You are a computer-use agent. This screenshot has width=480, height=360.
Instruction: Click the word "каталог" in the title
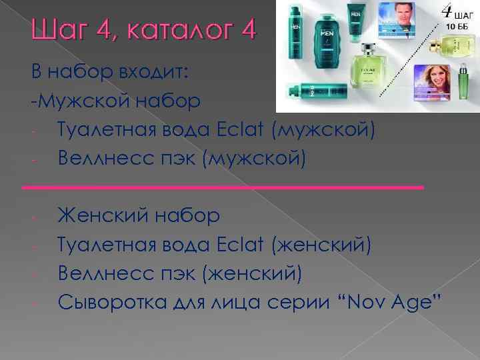(x=174, y=30)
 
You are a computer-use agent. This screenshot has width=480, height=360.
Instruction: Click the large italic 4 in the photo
(x=445, y=11)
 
